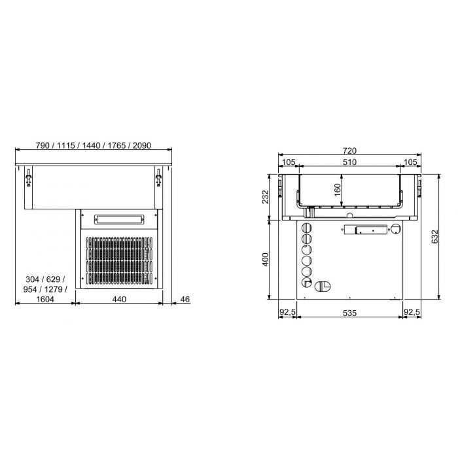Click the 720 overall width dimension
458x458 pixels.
pyautogui.click(x=349, y=151)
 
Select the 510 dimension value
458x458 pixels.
pyautogui.click(x=349, y=162)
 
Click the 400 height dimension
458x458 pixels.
pyautogui.click(x=265, y=260)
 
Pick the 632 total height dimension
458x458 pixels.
pyautogui.click(x=435, y=237)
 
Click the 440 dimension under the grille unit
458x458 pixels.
pyautogui.click(x=118, y=299)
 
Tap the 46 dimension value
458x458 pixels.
pyautogui.click(x=185, y=299)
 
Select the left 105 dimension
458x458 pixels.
pyautogui.click(x=289, y=162)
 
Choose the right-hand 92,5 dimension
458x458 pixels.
pyautogui.click(x=412, y=313)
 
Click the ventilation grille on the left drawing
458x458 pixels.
pyautogui.click(x=118, y=262)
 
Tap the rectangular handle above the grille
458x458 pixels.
pyautogui.click(x=118, y=218)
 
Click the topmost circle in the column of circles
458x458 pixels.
pyautogui.click(x=306, y=226)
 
